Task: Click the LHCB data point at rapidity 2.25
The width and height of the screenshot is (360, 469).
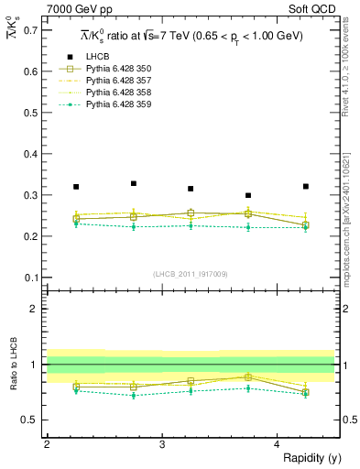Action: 76,187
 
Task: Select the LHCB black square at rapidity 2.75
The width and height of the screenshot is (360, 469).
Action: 134,183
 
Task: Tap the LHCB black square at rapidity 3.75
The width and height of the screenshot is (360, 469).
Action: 248,195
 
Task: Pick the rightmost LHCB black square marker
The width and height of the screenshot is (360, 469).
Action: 306,186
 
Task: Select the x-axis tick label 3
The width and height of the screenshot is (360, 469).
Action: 162,444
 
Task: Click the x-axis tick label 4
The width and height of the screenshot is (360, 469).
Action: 278,444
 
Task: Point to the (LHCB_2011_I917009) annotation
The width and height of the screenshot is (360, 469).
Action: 190,274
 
